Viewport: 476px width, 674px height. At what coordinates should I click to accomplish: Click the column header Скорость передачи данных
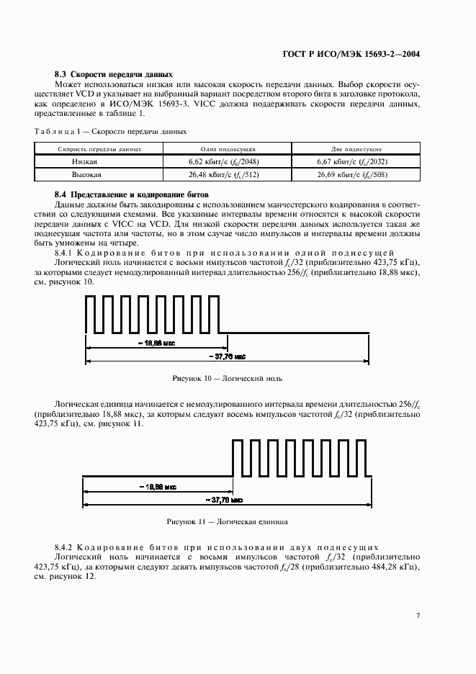[99, 149]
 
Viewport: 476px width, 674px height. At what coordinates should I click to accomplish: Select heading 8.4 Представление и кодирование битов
[131, 195]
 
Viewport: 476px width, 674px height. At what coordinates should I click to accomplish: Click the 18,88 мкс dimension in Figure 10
[156, 344]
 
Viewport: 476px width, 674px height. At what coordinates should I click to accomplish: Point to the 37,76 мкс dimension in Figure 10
[228, 356]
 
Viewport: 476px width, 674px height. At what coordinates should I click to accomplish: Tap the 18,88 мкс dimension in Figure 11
[157, 487]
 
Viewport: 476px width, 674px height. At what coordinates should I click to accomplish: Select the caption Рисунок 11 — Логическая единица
[228, 521]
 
